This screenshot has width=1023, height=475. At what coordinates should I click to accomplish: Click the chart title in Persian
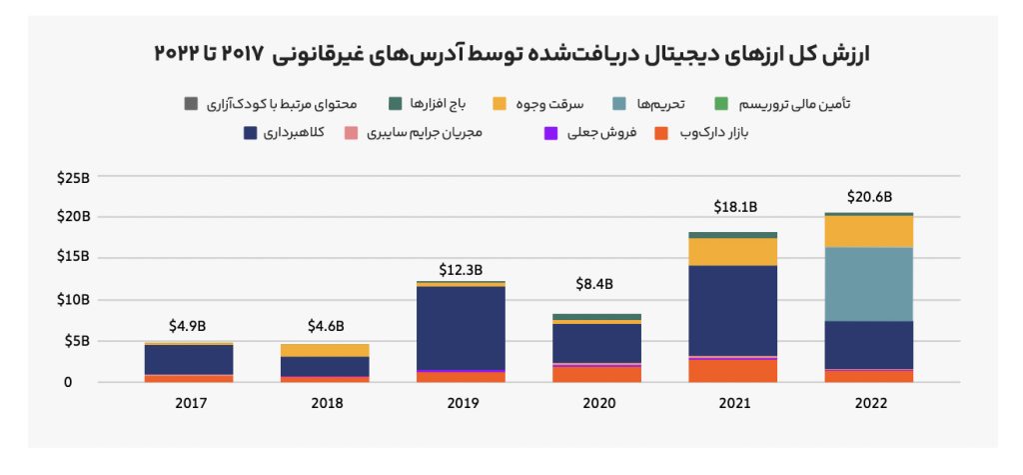pos(511,53)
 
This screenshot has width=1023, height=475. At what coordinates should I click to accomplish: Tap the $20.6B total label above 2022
pos(868,196)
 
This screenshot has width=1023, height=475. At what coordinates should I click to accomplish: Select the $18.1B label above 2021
pos(734,207)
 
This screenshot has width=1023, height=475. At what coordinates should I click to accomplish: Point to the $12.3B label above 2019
pos(461,269)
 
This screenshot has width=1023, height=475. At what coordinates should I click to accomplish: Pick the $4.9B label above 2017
pos(188,325)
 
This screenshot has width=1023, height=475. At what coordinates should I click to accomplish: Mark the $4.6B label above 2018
pos(325,325)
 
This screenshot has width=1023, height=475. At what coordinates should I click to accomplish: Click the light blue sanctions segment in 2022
pos(868,284)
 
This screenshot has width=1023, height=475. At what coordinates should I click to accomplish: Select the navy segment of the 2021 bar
pos(732,310)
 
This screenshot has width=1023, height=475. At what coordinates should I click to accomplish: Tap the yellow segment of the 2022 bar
pos(868,231)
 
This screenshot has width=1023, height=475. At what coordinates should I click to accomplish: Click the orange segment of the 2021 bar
pos(732,371)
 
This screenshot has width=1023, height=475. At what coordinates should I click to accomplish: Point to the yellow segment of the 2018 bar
pos(325,350)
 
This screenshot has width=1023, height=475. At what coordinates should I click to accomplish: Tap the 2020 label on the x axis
pos(597,403)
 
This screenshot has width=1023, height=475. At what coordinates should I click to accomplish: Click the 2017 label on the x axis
pos(189,403)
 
